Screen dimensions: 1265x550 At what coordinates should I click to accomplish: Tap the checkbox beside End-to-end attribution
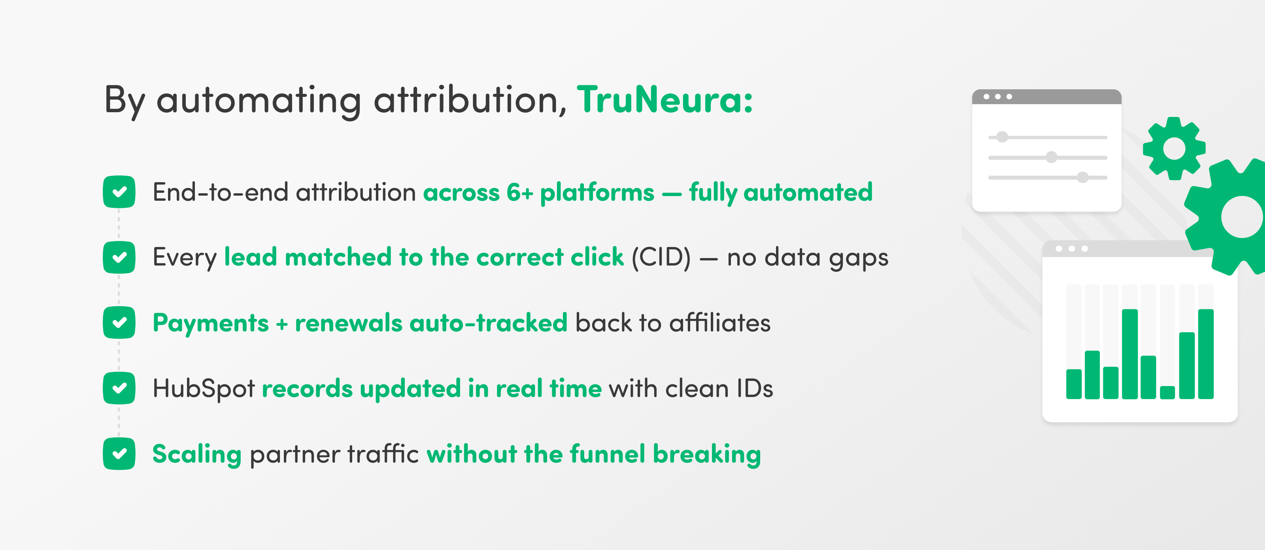point(119,192)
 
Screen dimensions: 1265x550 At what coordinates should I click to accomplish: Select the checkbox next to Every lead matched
point(119,257)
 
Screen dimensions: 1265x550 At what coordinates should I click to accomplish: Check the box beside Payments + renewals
point(119,322)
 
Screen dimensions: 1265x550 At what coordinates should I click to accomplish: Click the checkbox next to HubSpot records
point(119,388)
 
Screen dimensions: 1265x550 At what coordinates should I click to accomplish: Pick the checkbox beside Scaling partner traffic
point(119,453)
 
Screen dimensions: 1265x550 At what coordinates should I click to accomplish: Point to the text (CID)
point(661,257)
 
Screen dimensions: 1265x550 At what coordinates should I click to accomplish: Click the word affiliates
point(720,323)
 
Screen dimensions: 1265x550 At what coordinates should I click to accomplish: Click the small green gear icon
point(1174,148)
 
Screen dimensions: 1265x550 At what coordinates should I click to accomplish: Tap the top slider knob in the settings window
point(1002,137)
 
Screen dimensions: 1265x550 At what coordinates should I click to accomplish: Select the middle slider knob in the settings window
point(1052,157)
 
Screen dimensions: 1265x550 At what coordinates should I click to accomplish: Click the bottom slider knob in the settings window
point(1083,177)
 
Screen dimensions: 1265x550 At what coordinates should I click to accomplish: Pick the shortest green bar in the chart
point(1167,392)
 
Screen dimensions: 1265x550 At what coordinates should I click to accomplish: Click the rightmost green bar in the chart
point(1206,354)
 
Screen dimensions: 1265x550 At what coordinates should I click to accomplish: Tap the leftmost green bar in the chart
point(1074,384)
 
